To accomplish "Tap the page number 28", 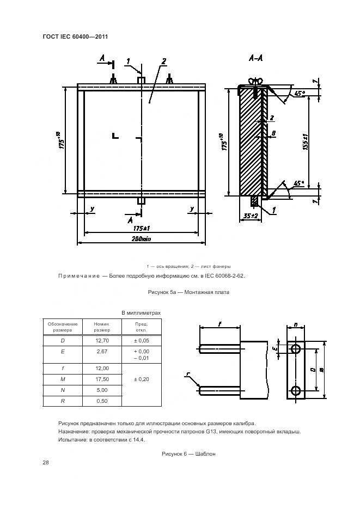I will click(x=45, y=463).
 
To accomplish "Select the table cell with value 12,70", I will click(x=101, y=340).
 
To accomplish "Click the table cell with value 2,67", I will click(x=101, y=352).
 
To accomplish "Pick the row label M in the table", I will click(x=62, y=379).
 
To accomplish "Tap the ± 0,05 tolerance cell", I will click(x=142, y=340).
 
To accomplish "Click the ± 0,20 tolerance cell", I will click(x=142, y=379).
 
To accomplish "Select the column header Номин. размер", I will click(x=101, y=327).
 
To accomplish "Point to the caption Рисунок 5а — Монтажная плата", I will click(x=188, y=292).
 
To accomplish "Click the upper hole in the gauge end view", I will click(x=296, y=348).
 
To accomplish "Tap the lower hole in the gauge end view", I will click(x=296, y=390).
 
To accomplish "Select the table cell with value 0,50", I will click(x=101, y=401).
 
